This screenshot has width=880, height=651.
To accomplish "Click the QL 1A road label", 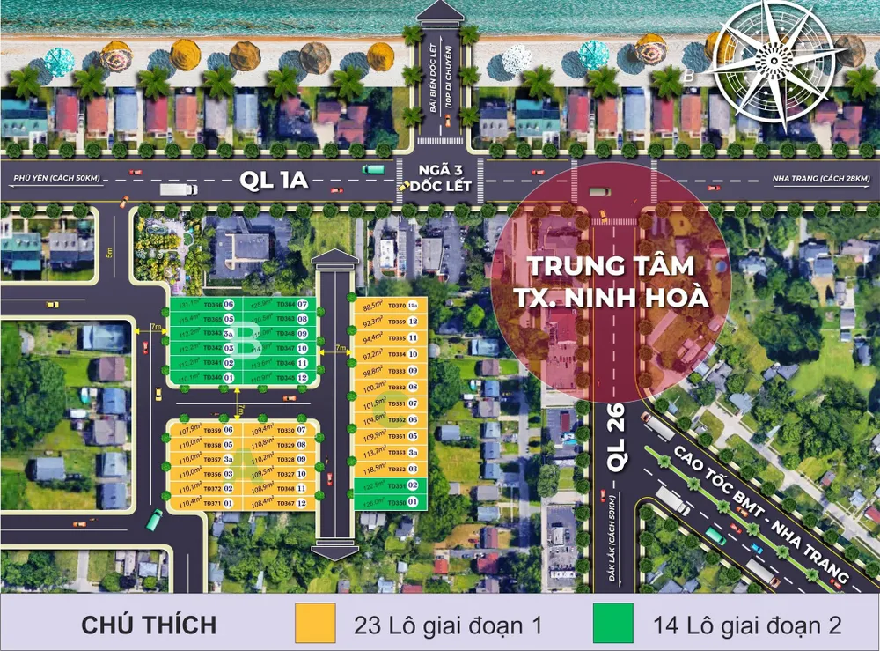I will pos(273,181).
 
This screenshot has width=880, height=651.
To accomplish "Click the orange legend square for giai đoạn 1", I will pos(315,624).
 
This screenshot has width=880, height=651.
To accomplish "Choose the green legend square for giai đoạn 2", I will pos(612,624).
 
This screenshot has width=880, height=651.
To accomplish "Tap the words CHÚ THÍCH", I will pos(149,625).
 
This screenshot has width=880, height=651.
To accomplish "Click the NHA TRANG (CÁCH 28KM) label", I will pos(820,179).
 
